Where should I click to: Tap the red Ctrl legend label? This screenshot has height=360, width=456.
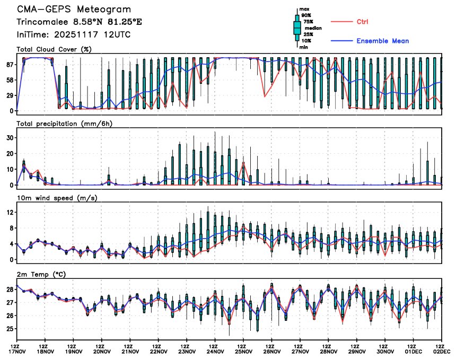362,21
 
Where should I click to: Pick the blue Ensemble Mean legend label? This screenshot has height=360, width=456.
382,41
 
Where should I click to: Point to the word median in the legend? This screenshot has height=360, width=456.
310,29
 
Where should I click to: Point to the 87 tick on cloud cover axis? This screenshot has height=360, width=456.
10,64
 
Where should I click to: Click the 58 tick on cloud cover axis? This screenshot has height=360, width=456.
10,80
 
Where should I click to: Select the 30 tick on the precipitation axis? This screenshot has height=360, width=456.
10,137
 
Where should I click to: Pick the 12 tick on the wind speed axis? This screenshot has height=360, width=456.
10,212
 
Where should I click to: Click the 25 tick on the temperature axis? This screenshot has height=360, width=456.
10,329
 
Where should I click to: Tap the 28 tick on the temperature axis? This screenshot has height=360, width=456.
10,289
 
